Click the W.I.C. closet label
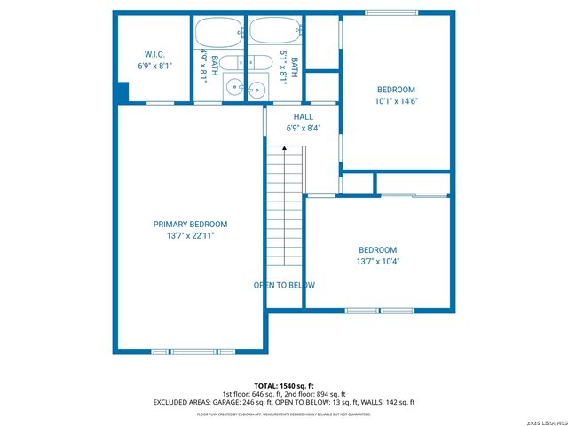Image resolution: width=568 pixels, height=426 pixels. (154, 54)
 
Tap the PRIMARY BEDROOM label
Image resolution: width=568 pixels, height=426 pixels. (190, 225)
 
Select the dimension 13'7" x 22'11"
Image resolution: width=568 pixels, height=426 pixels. (190, 236)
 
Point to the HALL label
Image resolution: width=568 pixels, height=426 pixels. (304, 116)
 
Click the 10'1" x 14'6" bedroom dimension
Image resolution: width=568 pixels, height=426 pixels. (396, 101)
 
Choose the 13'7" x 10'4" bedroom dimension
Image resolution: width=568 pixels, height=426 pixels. (377, 262)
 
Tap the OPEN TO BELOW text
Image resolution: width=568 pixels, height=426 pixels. (284, 286)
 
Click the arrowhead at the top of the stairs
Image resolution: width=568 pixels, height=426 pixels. (284, 149)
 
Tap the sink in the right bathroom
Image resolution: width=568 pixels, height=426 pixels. (257, 88)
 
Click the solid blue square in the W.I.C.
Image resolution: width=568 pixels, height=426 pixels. (122, 92)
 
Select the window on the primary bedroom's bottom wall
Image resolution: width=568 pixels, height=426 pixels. (193, 351)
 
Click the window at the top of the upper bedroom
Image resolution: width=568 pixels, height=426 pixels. (390, 12)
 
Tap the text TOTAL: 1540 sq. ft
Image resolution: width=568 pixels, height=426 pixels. (283, 385)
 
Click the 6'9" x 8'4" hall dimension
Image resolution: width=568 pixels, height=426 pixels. (304, 128)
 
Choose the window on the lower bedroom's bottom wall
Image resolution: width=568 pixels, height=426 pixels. (380, 310)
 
